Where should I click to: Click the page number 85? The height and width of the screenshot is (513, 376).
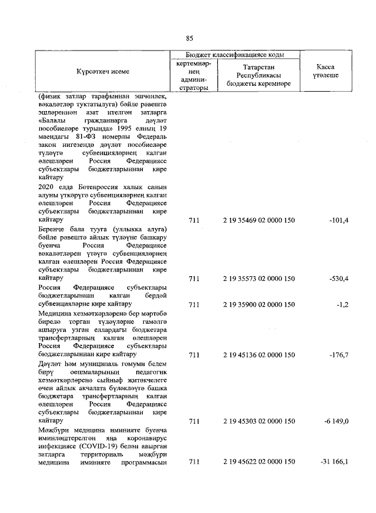189,39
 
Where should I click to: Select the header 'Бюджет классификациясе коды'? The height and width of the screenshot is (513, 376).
235,54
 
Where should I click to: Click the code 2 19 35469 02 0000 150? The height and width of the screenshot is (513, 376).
258,220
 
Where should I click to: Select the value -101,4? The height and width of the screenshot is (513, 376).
339,220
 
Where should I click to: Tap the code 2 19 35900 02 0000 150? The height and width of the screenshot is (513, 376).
258,305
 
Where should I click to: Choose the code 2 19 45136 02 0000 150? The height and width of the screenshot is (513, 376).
258,355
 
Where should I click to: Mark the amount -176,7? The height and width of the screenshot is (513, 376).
339,355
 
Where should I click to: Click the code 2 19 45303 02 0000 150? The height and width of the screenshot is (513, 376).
258,421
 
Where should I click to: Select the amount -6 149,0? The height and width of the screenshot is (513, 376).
335,421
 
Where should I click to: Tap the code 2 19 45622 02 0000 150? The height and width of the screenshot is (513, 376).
258,462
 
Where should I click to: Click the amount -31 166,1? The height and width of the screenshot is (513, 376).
334,462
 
